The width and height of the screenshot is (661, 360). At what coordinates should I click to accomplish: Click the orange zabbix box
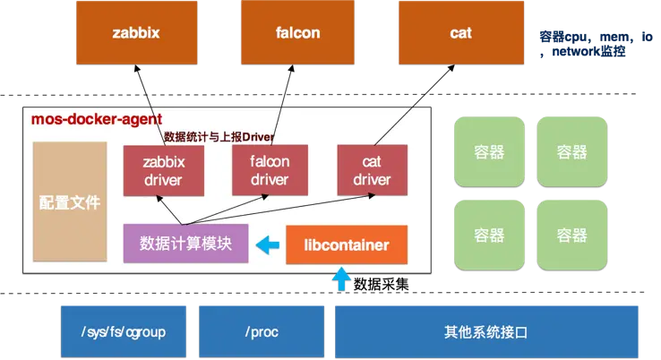pyautogui.click(x=136, y=33)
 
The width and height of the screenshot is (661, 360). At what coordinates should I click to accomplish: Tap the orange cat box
pyautogui.click(x=460, y=33)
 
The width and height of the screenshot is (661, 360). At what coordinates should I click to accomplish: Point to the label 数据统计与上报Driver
pyautogui.click(x=219, y=137)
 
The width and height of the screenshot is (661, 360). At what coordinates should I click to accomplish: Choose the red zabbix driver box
pyautogui.click(x=162, y=170)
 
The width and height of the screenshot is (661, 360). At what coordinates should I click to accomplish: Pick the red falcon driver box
pyautogui.click(x=270, y=170)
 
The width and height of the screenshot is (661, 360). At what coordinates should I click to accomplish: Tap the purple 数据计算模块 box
pyautogui.click(x=186, y=244)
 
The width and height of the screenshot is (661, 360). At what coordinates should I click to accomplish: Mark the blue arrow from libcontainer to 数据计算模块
pyautogui.click(x=267, y=244)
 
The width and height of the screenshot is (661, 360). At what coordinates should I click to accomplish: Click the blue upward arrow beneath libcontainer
pyautogui.click(x=341, y=281)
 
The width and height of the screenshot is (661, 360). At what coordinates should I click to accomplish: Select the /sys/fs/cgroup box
pyautogui.click(x=123, y=331)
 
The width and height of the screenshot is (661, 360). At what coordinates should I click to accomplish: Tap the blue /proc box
pyautogui.click(x=262, y=331)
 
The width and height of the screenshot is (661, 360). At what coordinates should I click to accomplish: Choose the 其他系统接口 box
pyautogui.click(x=485, y=331)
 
